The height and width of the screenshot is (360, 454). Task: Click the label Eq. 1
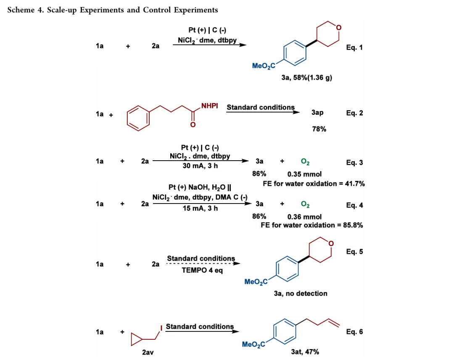coord(354,48)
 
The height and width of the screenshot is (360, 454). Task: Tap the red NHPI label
coord(209,106)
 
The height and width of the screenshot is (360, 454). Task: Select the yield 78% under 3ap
coord(319,129)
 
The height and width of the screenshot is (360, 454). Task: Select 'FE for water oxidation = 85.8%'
coord(311,225)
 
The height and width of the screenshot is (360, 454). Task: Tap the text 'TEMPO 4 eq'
coord(202,270)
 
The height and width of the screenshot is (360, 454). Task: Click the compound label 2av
coord(148,352)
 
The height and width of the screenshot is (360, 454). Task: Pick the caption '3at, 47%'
coord(305,352)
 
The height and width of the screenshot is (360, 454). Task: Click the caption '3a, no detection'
coord(300,294)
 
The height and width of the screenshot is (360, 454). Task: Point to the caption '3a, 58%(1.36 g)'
coord(306,78)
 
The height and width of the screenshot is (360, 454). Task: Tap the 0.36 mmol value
coord(304,217)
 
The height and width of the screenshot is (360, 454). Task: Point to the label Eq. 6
coord(354,332)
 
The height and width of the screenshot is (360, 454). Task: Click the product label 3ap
coord(317,113)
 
